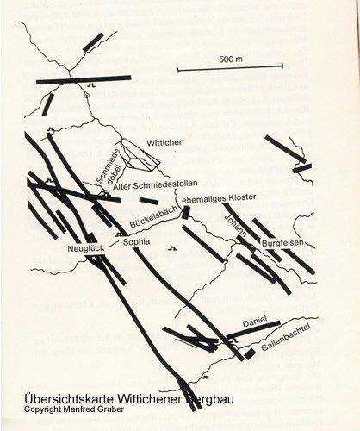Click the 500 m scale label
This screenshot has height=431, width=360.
pos(231,59)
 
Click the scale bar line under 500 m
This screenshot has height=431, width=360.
pos(230,68)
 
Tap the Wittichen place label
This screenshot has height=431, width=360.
pos(165,143)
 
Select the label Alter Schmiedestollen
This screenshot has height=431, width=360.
pos(155,185)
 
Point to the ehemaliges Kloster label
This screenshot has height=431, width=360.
pos(219,198)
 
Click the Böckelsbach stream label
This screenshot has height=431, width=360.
pos(153,217)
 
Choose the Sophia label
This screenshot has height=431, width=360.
pos(136,242)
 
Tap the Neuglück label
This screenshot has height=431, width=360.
pos(86,248)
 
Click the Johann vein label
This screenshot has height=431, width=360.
pos(235,226)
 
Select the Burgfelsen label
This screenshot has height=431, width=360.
pos(282,243)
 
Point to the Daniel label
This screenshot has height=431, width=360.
pos(255,322)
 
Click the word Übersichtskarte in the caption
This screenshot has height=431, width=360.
pos(70,399)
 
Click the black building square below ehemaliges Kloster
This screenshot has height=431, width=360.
pos(186,212)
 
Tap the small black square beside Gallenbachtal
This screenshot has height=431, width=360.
pos(250,354)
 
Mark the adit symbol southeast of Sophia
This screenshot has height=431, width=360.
pos(172,248)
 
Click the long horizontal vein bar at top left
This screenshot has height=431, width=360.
pos(84,79)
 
